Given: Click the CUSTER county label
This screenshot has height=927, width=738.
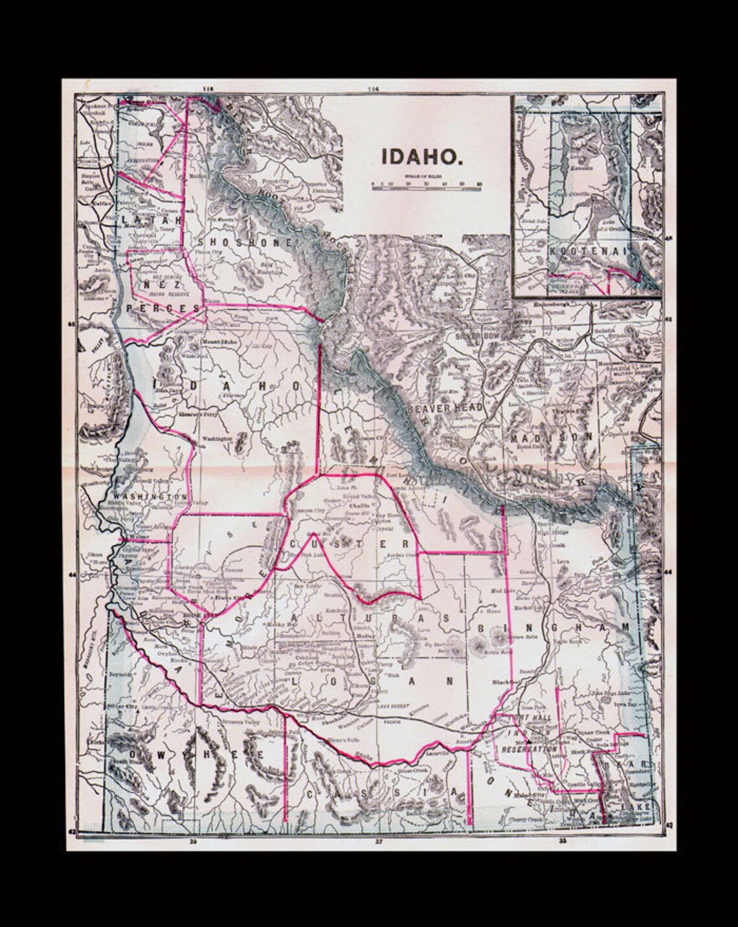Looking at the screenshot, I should (x=350, y=544).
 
